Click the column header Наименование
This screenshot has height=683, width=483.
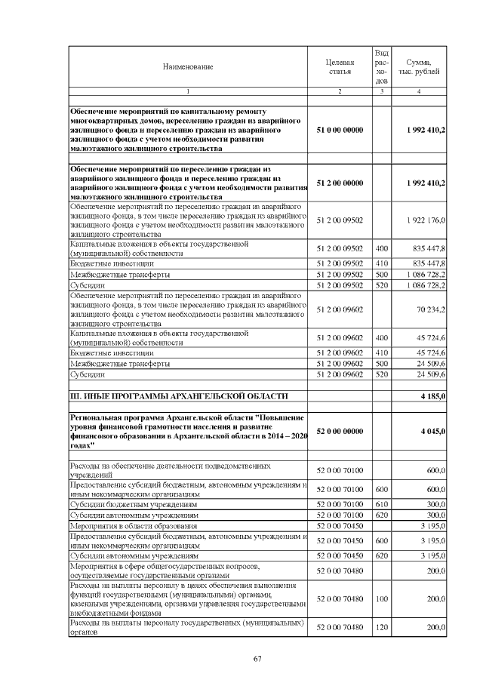tap(188, 66)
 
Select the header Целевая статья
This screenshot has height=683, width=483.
tap(340, 66)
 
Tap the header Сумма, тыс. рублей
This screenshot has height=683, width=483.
tap(419, 66)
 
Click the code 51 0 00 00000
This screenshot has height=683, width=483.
tap(340, 131)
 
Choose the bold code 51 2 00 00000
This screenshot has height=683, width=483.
tap(340, 183)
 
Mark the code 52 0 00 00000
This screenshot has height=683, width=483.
tap(340, 431)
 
